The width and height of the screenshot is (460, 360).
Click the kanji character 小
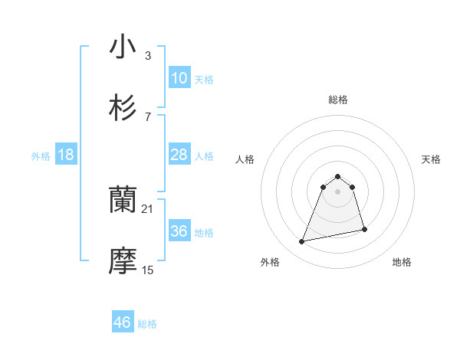pos(123,47)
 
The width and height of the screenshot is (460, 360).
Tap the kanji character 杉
pos(123,107)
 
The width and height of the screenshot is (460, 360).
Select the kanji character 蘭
pos(123,201)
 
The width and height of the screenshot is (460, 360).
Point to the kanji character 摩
pos(123,261)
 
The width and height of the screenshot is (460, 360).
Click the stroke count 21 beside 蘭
pos(148,208)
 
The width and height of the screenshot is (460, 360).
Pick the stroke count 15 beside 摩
pos(148,270)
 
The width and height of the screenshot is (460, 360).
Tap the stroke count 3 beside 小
pos(148,55)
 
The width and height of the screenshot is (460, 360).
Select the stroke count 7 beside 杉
pos(148,116)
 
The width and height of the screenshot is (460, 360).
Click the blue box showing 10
pos(179,78)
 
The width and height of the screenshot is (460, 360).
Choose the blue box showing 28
pos(179,155)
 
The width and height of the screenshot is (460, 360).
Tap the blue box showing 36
pos(179,231)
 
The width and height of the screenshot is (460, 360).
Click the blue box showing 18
pos(66,155)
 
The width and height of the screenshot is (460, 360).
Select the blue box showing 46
pos(123,322)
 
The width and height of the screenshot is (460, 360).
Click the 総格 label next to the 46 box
pos(147,324)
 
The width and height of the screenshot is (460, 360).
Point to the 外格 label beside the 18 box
pos(41,156)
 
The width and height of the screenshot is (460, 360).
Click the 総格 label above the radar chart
pos(338,100)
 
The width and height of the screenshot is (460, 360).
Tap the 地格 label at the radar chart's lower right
pos(402,262)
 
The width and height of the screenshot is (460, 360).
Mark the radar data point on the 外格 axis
pos(302,242)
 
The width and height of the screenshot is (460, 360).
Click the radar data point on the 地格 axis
pos(364,230)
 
